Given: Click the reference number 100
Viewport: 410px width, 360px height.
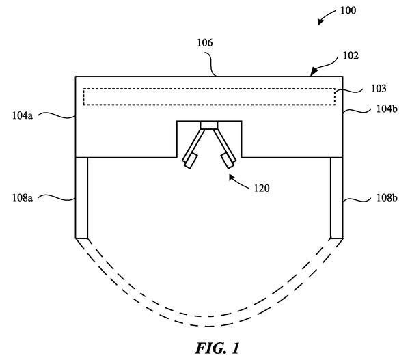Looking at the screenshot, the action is click(x=348, y=10).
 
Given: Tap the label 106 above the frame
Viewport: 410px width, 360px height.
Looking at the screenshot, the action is click(x=205, y=43).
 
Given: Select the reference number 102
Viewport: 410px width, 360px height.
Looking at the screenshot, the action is click(x=351, y=56).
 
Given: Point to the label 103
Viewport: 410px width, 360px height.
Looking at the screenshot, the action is click(x=379, y=89).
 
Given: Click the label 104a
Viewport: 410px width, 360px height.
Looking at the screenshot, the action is click(x=23, y=115).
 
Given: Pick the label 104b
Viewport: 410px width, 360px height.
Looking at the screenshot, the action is click(x=387, y=109).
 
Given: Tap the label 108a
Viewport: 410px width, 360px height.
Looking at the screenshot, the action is click(x=23, y=198).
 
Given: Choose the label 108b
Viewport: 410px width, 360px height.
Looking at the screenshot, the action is click(x=387, y=198).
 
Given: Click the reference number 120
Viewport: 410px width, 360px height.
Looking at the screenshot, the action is click(x=262, y=189).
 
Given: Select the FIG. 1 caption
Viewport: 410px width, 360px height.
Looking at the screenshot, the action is click(x=217, y=348).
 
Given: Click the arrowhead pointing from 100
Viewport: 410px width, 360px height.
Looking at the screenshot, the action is click(x=320, y=22).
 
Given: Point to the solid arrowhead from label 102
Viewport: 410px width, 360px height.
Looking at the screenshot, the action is click(x=314, y=71).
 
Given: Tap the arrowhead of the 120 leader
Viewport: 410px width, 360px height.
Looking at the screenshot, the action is click(x=232, y=177).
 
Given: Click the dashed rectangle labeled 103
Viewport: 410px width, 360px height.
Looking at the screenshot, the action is click(x=209, y=97).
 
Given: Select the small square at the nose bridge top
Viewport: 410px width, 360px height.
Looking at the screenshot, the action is click(x=209, y=125).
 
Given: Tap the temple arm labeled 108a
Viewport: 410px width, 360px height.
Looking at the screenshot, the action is click(x=81, y=198).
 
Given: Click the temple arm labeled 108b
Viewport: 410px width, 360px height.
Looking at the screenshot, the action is click(x=336, y=198).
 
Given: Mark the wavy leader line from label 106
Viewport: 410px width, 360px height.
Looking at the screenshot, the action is click(x=210, y=63).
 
